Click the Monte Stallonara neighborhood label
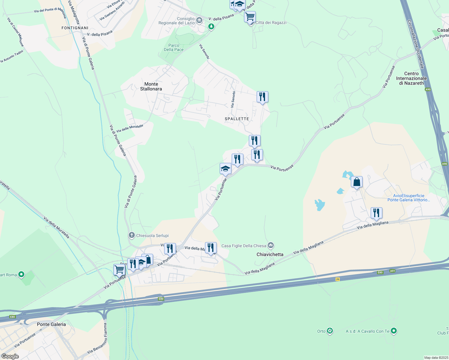151,86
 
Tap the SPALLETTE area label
237,119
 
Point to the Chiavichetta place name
270,254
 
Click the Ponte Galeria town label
51,324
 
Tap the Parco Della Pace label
173,47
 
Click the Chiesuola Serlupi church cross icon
131,235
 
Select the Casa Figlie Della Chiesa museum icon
271,246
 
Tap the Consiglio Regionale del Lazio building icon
199,20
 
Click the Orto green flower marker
330,331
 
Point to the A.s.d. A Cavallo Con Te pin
394,331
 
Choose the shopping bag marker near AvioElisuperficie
357,182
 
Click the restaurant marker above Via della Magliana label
376,213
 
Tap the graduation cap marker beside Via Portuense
225,169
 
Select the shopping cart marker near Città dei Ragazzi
250,17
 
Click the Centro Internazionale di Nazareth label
411,78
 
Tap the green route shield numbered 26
337,279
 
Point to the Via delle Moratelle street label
130,128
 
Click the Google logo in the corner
10,356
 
